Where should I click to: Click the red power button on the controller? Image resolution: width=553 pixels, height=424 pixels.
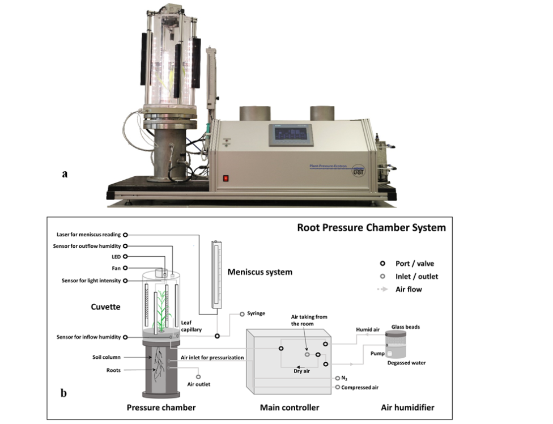coord(226,177)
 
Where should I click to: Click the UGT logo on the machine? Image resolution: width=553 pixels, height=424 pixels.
coord(358,171)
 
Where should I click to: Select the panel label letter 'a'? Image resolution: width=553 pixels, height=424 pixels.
coord(65,174)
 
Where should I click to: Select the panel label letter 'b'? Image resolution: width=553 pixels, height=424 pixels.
coord(64,392)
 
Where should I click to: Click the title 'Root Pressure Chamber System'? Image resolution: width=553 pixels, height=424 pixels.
coord(371,228)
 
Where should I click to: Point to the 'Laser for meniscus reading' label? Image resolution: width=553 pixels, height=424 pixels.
coord(90,235)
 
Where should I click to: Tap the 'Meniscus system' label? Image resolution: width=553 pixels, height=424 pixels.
coord(260,272)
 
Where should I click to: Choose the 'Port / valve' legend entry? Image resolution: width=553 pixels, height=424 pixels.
coord(418,264)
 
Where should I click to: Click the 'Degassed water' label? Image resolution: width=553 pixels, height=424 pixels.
coord(406,363)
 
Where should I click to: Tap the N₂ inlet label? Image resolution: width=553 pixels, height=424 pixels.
coord(345,378)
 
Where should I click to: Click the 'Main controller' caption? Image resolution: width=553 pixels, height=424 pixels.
coord(290,408)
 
